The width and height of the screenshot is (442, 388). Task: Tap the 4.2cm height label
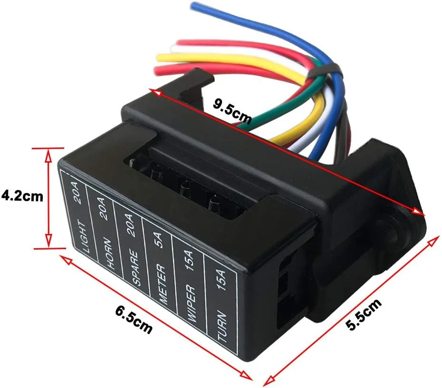pyautogui.click(x=22, y=196)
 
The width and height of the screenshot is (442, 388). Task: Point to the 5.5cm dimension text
pyautogui.click(x=364, y=314)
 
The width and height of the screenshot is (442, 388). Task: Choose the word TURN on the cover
pyautogui.click(x=222, y=326)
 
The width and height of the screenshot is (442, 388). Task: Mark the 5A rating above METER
pyautogui.click(x=159, y=241)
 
